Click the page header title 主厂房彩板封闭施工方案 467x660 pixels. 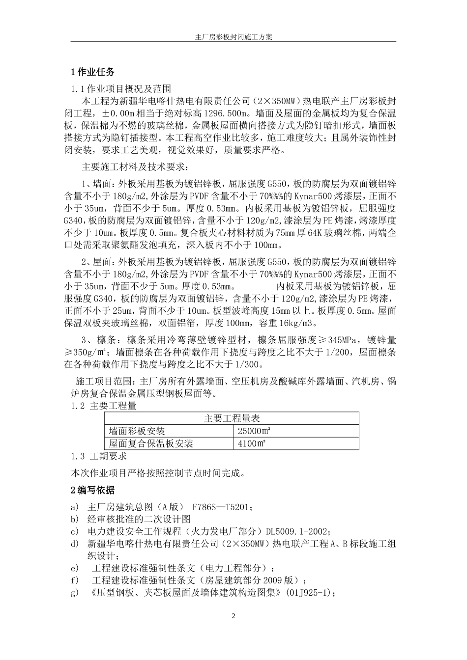[233, 37]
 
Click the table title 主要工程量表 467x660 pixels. [232, 418]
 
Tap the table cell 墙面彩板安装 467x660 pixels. [137, 431]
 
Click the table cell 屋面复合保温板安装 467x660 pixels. [151, 443]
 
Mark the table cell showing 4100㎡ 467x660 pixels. [252, 443]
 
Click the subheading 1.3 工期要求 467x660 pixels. [99, 456]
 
